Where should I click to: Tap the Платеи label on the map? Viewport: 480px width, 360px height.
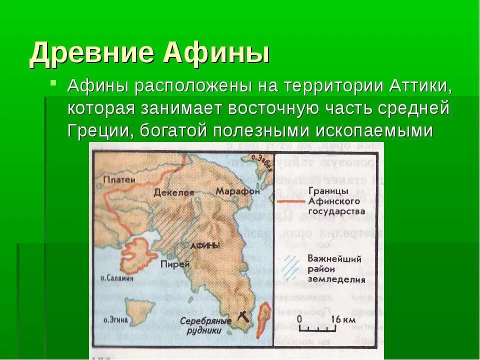pos(117,179)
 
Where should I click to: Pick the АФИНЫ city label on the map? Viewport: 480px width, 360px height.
pos(205,245)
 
